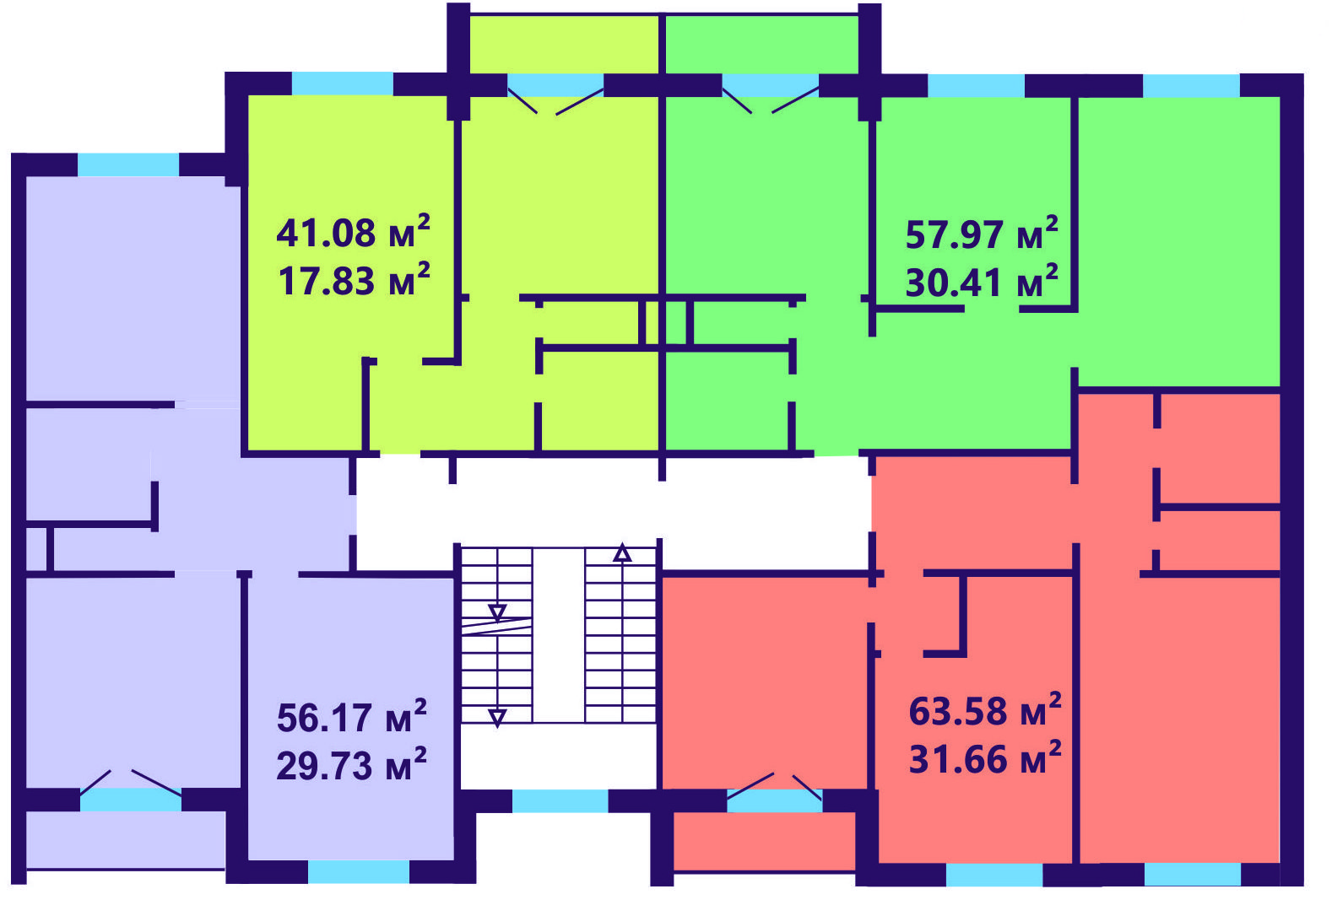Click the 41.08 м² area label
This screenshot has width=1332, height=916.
click(x=353, y=232)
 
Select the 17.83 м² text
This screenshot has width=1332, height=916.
click(x=355, y=280)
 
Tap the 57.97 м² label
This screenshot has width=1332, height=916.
click(x=982, y=234)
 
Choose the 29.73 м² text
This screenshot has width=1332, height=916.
click(x=351, y=765)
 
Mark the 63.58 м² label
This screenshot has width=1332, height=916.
click(x=985, y=710)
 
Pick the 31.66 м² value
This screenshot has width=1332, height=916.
click(x=985, y=758)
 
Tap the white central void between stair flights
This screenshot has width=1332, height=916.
click(x=558, y=635)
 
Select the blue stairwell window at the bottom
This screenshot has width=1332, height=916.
click(x=560, y=801)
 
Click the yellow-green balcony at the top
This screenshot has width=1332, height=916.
click(x=564, y=45)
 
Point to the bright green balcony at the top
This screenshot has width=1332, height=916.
click(x=761, y=45)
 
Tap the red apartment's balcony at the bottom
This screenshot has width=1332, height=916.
click(x=764, y=842)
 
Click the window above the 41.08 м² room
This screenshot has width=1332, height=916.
click(x=342, y=84)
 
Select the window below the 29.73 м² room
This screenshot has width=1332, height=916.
click(x=359, y=871)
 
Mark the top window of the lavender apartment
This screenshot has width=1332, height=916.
click(x=127, y=164)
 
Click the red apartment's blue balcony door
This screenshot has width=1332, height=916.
click(x=774, y=800)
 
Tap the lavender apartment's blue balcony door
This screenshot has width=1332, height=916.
click(x=131, y=800)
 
